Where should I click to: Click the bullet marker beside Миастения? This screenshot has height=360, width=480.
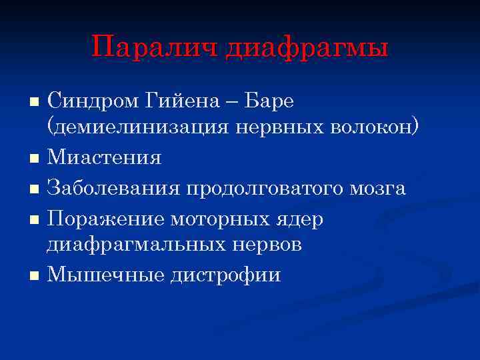(35, 159)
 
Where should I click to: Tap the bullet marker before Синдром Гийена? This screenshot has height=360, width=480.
(35, 103)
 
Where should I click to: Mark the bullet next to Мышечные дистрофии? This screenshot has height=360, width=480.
(35, 275)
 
